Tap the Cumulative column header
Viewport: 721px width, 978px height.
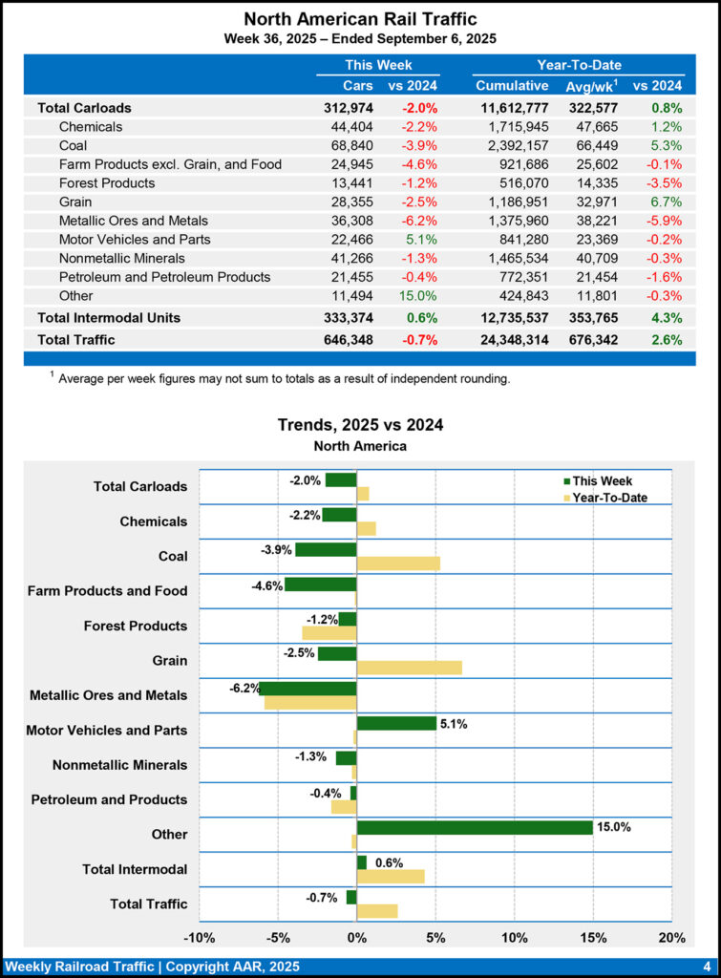[511, 86]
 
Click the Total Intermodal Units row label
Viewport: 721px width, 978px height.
[109, 317]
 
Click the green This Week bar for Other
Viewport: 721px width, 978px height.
[475, 827]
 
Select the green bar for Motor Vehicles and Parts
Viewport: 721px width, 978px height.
[396, 723]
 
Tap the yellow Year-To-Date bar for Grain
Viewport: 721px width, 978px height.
[409, 668]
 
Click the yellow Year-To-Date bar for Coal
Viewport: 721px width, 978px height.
[398, 563]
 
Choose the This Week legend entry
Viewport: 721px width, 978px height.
[602, 481]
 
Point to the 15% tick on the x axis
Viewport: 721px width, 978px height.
[593, 936]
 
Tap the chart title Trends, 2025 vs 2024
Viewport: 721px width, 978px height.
[360, 425]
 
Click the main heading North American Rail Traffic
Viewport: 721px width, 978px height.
[360, 19]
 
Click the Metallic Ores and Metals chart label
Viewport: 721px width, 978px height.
[108, 695]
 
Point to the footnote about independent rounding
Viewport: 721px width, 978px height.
[284, 379]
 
